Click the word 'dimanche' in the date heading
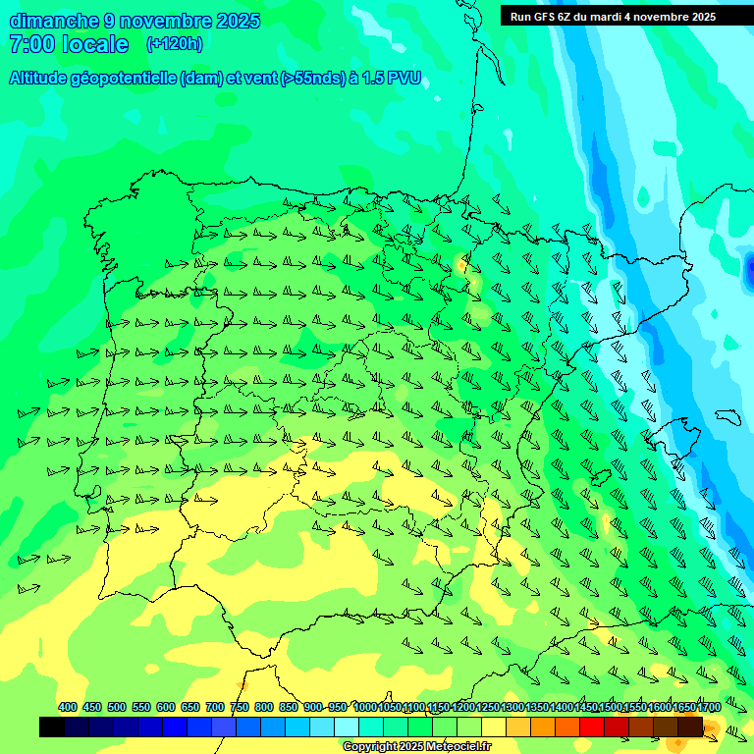pyautogui.click(x=54, y=21)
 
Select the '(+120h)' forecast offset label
pyautogui.click(x=174, y=44)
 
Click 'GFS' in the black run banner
pyautogui.click(x=548, y=17)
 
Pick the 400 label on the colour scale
pyautogui.click(x=68, y=707)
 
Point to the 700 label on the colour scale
pyautogui.click(x=215, y=707)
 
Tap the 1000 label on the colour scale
pyautogui.click(x=364, y=707)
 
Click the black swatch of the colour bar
pyautogui.click(x=52, y=727)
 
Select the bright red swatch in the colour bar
pyautogui.click(x=592, y=727)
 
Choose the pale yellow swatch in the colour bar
pyautogui.click(x=494, y=727)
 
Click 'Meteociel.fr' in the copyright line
pyautogui.click(x=458, y=747)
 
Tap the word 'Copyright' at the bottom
pyautogui.click(x=369, y=747)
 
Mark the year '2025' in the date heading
pyautogui.click(x=237, y=21)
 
